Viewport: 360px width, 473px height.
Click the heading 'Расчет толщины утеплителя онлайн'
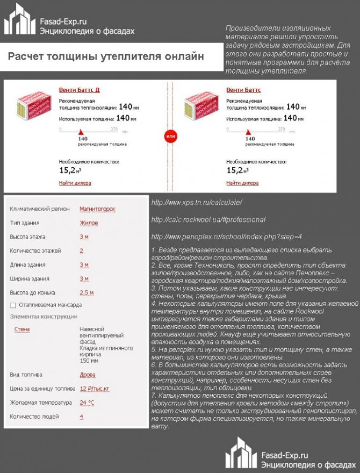[x=106, y=56]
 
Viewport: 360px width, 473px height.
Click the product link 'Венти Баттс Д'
[x=79, y=90]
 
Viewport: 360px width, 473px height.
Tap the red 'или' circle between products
[x=170, y=137]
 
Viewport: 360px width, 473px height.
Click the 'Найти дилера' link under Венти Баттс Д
[x=75, y=183]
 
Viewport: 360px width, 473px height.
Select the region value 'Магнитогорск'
[x=97, y=209]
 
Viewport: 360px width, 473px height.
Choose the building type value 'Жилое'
[x=89, y=223]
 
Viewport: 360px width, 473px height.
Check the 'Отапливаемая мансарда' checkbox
[x=13, y=305]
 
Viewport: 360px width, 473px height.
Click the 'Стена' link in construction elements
[x=22, y=329]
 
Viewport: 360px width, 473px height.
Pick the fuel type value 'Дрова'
[x=89, y=375]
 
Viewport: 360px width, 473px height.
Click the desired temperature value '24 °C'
[x=87, y=403]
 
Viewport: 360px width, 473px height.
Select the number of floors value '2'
[x=82, y=251]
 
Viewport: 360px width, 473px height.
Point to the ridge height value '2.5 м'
[x=87, y=293]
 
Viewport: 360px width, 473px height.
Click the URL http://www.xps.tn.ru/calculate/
[x=197, y=203]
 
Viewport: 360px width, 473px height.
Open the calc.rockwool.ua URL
[x=208, y=220]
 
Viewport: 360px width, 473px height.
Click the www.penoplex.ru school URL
[x=227, y=236]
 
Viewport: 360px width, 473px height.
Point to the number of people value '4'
[x=82, y=417]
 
